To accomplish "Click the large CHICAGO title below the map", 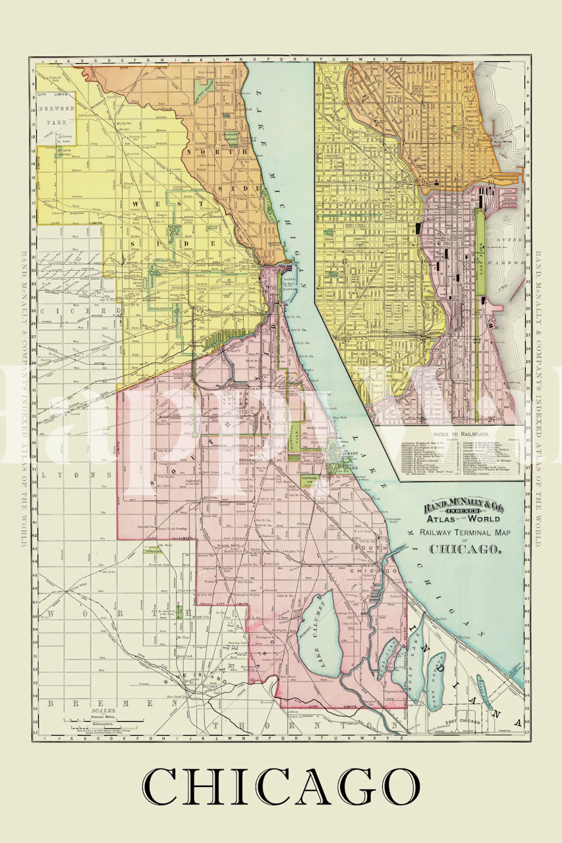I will tap(281, 786).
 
